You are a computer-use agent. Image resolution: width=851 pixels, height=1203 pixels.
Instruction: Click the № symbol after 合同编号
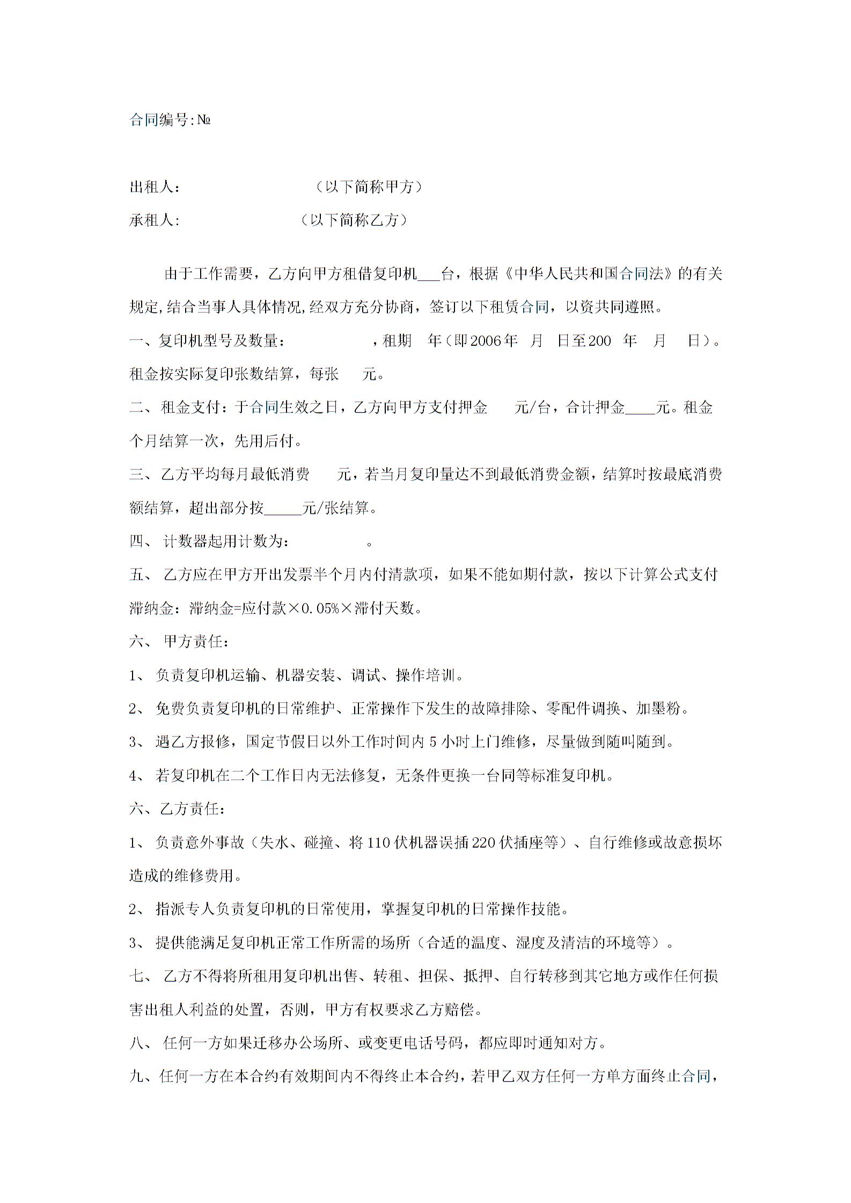click(x=203, y=120)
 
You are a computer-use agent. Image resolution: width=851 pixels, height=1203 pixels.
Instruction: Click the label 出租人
click(x=152, y=187)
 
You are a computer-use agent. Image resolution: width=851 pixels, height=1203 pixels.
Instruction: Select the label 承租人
click(x=152, y=220)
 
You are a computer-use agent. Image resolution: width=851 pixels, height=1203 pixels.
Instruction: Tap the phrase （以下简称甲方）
click(x=369, y=187)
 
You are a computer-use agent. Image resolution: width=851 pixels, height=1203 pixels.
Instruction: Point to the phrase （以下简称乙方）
click(x=354, y=220)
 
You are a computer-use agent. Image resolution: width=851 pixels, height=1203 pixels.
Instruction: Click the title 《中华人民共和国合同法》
click(x=588, y=274)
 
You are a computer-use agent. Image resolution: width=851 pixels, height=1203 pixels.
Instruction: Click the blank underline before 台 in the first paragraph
click(x=429, y=277)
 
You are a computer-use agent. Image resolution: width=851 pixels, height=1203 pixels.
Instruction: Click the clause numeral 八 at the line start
click(x=136, y=1044)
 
